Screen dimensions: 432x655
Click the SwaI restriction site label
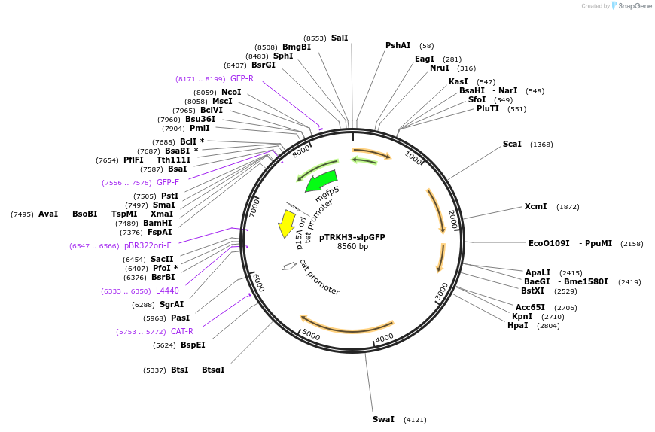click(x=383, y=419)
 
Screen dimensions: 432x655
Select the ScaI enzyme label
click(x=512, y=144)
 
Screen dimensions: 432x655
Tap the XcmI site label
click(x=536, y=206)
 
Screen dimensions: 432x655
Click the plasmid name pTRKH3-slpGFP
click(x=352, y=237)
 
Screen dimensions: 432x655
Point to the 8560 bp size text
click(x=352, y=247)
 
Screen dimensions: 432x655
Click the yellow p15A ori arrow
click(x=287, y=224)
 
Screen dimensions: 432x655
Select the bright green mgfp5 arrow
click(x=321, y=181)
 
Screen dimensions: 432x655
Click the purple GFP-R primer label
click(x=242, y=78)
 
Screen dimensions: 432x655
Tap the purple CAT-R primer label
click(x=182, y=331)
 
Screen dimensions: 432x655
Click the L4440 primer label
click(x=167, y=291)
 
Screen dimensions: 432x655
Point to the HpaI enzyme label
click(x=518, y=325)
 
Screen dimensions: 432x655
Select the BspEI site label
click(x=193, y=345)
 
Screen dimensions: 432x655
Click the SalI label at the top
click(x=340, y=38)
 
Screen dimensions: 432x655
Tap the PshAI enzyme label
click(x=398, y=45)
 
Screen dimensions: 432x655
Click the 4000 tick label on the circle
click(x=385, y=339)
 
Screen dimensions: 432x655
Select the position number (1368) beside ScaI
click(x=541, y=145)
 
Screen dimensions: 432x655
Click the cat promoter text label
click(x=319, y=276)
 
